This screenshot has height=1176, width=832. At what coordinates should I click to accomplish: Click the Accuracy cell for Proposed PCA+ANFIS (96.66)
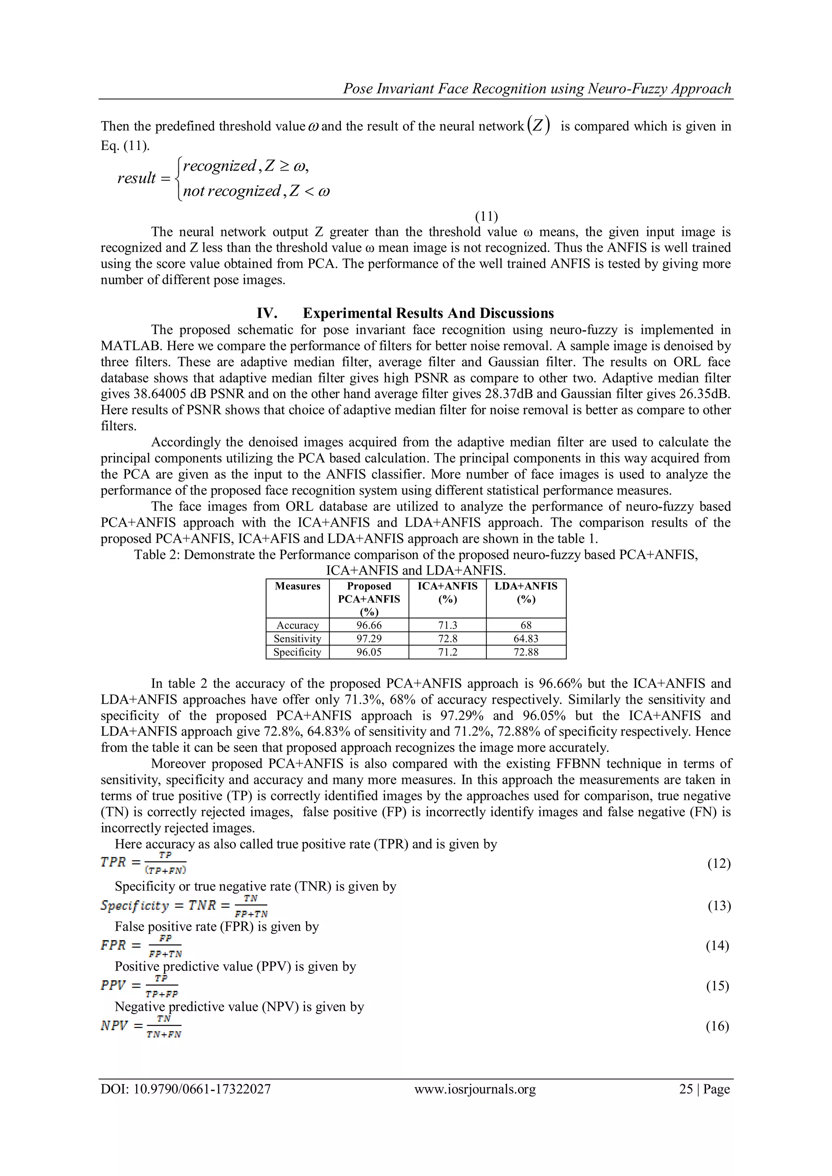(369, 625)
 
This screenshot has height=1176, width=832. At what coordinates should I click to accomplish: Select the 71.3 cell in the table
(447, 625)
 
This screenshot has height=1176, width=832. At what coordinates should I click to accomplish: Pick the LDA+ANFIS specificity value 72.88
(526, 652)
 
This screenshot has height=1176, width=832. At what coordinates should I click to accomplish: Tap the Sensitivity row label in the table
(297, 639)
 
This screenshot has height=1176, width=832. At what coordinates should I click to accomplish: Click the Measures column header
(297, 586)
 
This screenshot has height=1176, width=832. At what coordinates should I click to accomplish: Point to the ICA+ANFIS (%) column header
(447, 592)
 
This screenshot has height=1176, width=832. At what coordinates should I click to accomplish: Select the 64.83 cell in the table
(526, 639)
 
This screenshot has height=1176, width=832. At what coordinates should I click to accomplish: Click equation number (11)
(486, 216)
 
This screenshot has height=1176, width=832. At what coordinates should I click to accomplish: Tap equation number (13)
(718, 906)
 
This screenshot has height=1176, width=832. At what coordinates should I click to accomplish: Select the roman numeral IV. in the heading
(267, 313)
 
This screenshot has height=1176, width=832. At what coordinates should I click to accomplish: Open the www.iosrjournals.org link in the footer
(475, 1089)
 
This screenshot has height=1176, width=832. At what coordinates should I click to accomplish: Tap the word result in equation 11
(136, 178)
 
